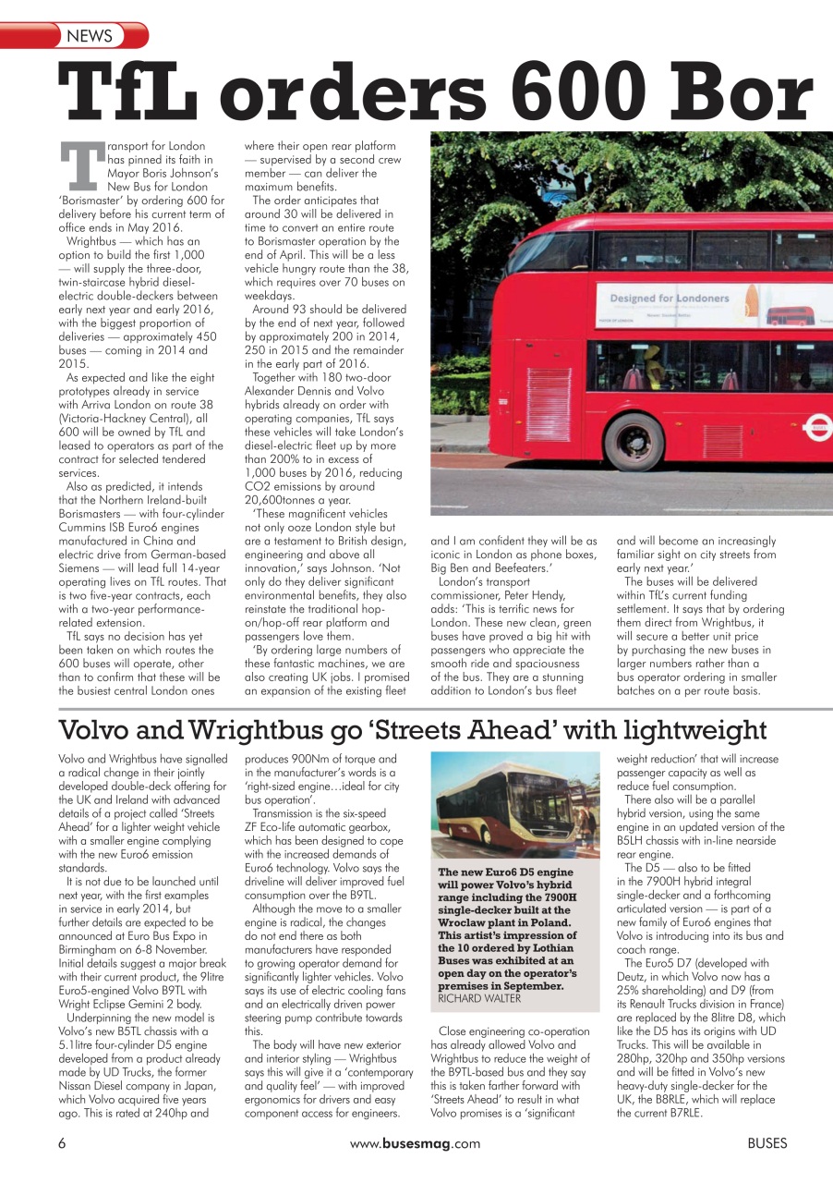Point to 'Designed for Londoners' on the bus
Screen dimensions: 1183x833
point(669,299)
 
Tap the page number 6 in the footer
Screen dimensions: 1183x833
point(62,1143)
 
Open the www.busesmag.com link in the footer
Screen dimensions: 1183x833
point(416,1143)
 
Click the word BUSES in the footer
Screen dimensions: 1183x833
point(767,1143)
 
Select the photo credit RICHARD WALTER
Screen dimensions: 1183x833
point(479,999)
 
